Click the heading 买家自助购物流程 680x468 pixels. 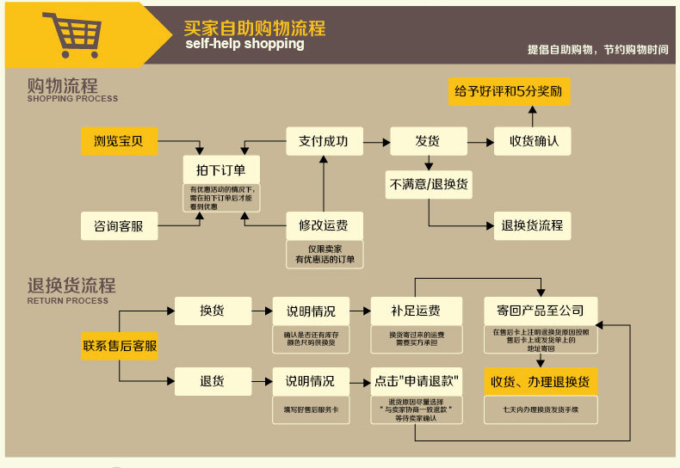[255, 28]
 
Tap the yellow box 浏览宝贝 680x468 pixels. [120, 141]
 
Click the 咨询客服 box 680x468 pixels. [119, 226]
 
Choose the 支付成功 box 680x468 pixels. [324, 141]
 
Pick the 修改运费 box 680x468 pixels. [324, 225]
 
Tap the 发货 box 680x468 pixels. [429, 141]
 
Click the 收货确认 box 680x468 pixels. [532, 141]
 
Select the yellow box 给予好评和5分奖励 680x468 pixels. [509, 90]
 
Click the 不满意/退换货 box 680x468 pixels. [429, 184]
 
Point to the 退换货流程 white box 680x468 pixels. [532, 225]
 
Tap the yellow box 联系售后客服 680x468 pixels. [120, 346]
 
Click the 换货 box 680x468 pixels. [213, 311]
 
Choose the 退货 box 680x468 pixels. [213, 380]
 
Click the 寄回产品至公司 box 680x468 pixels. [541, 311]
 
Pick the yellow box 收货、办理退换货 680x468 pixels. [541, 380]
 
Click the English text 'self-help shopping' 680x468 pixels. [244, 44]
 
